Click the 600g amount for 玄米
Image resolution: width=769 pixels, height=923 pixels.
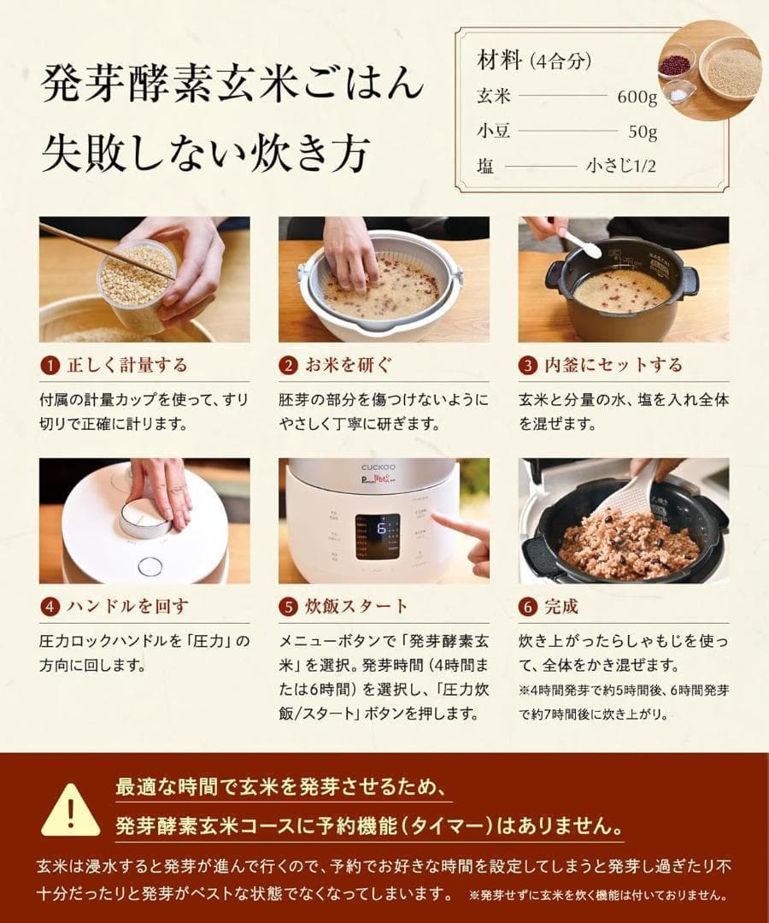tap(637, 97)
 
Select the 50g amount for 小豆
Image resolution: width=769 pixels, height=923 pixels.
tap(642, 132)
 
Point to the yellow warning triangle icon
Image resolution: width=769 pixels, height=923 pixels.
tap(70, 808)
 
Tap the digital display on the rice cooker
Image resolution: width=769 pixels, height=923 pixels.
tap(378, 536)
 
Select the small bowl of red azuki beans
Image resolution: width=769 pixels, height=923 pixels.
tap(676, 62)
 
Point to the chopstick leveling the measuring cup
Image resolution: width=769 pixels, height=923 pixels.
tap(103, 249)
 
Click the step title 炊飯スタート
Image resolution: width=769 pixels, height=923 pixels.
tap(356, 607)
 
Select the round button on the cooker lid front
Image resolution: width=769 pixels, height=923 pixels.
tap(150, 566)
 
